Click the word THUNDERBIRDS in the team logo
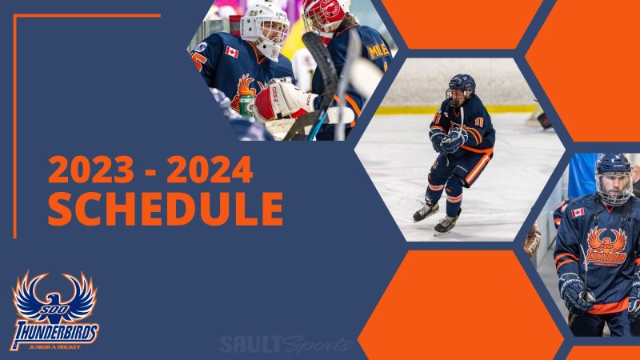pos(54,328)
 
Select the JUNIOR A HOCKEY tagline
pos(55,346)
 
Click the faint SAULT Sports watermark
pos(286,344)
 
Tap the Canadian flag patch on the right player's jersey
pos(578,212)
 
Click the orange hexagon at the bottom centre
pos(461,304)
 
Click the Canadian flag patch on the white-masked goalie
pos(232,52)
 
